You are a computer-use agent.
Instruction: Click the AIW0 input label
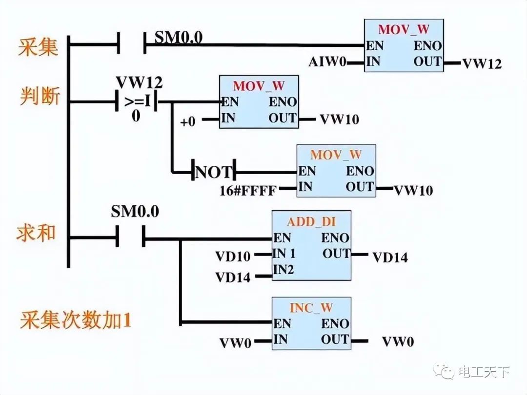pyautogui.click(x=327, y=62)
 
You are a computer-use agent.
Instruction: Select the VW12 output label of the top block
pyautogui.click(x=482, y=64)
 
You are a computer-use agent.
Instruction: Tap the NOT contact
pyautogui.click(x=214, y=172)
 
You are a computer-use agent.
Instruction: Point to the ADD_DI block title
pyautogui.click(x=311, y=222)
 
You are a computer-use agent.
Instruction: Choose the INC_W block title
pyautogui.click(x=311, y=308)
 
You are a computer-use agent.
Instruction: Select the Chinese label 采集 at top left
pyautogui.click(x=39, y=48)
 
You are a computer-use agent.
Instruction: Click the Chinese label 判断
pyautogui.click(x=40, y=96)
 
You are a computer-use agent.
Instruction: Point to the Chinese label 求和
pyautogui.click(x=39, y=232)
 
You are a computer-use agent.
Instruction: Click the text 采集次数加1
pyautogui.click(x=76, y=321)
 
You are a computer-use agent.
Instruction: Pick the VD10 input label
pyautogui.click(x=233, y=256)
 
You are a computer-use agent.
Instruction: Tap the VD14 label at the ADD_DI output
pyautogui.click(x=390, y=257)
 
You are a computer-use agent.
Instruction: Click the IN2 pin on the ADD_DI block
pyautogui.click(x=284, y=270)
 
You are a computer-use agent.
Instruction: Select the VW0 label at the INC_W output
pyautogui.click(x=398, y=341)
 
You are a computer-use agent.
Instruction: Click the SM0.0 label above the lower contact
pyautogui.click(x=135, y=212)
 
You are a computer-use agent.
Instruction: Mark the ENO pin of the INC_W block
pyautogui.click(x=335, y=324)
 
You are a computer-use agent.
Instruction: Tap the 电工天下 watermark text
pyautogui.click(x=484, y=372)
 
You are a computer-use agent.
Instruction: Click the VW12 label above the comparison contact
pyautogui.click(x=139, y=81)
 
